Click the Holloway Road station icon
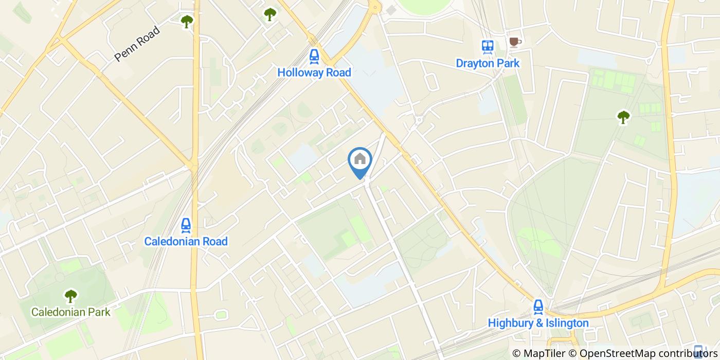(x=314, y=56)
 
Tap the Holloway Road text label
(x=314, y=73)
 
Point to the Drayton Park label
(x=488, y=63)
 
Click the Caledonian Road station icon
(x=186, y=225)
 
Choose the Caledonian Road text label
(x=186, y=241)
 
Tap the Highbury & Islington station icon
(x=538, y=307)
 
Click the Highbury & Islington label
(x=538, y=323)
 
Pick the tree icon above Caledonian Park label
(x=70, y=296)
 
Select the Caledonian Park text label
(x=70, y=312)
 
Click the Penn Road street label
(x=137, y=44)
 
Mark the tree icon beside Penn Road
(x=187, y=21)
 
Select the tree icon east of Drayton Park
(x=623, y=117)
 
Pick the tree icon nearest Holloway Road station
(x=270, y=14)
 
